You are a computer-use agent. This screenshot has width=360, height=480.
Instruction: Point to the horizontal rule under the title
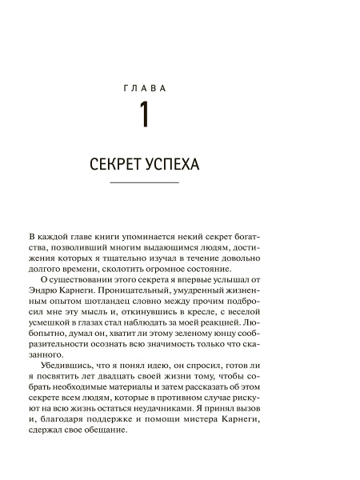coord(143,184)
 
